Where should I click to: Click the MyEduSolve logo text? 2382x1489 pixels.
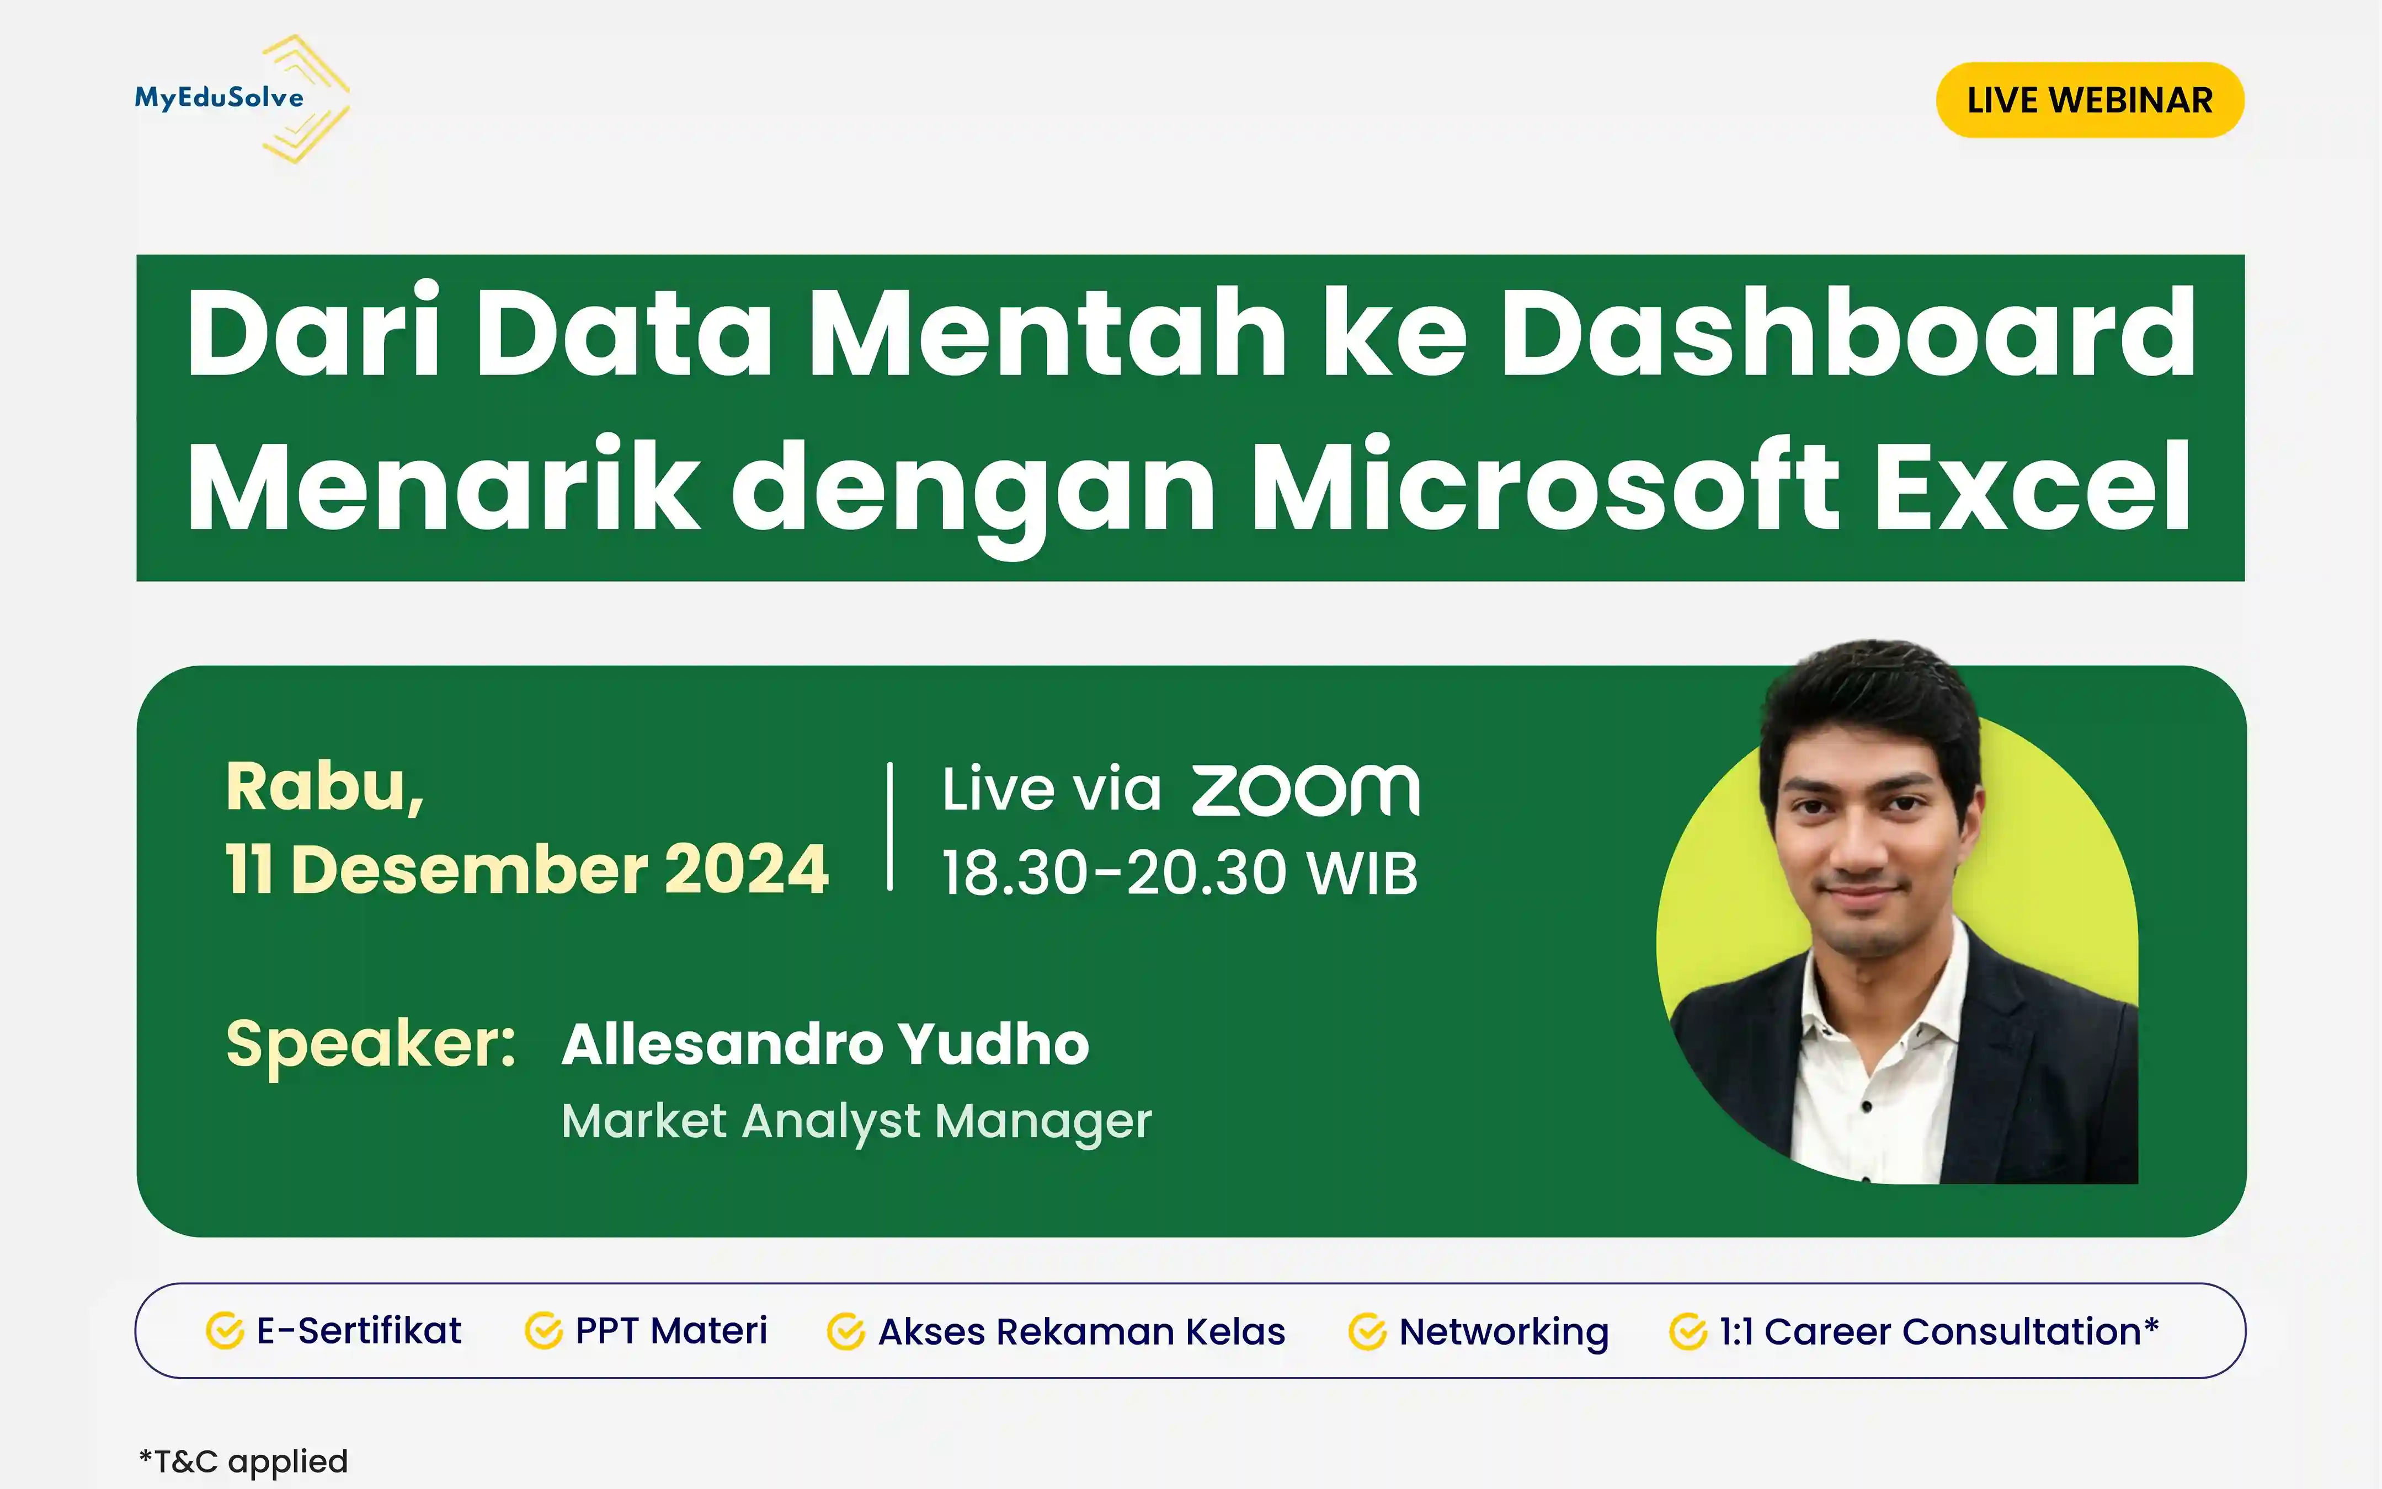[219, 98]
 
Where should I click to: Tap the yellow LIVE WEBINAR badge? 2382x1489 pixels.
[2090, 99]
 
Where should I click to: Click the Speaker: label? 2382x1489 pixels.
[371, 1044]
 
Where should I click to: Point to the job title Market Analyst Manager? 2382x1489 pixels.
[856, 1122]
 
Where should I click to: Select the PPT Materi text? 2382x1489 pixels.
[671, 1330]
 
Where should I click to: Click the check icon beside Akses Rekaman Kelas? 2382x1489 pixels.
[845, 1331]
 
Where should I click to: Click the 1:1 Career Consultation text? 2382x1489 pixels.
[1939, 1331]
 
